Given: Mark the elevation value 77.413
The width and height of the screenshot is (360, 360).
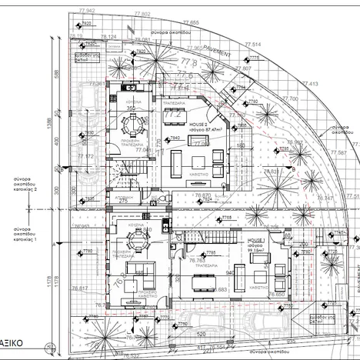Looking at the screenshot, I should tap(308, 84).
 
